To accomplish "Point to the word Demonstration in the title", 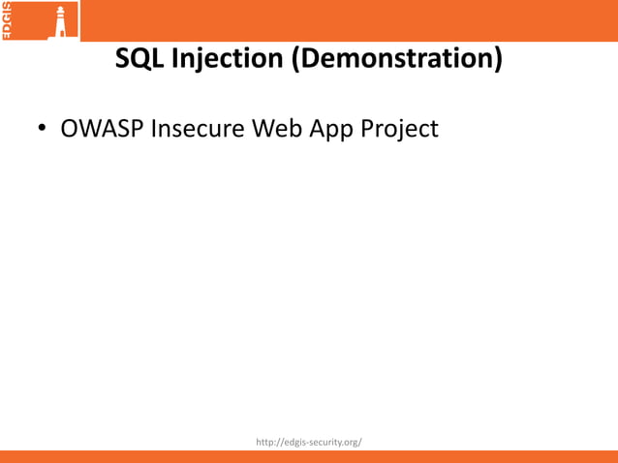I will pos(398,60).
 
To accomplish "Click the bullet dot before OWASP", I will pos(44,129).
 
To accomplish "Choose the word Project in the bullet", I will pos(399,129).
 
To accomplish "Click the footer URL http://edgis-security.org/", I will pos(309,443).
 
